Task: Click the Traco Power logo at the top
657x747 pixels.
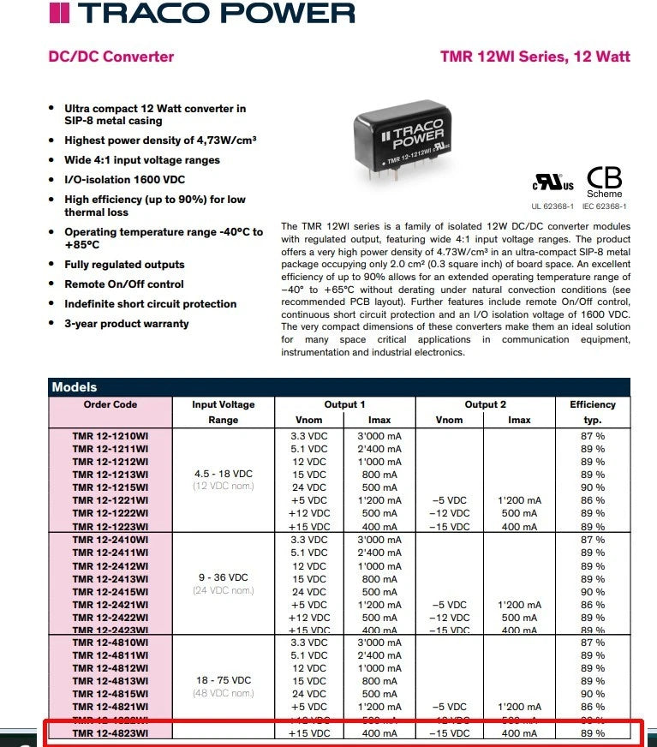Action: pos(202,13)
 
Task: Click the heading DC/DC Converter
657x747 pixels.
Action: pos(111,57)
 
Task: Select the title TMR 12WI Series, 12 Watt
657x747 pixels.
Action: pos(535,57)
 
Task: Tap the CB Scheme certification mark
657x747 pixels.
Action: pos(604,182)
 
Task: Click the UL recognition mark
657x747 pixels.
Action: pos(553,183)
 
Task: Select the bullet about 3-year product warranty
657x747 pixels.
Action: pos(126,324)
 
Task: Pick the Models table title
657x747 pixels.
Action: pos(75,387)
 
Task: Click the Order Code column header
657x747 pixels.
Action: pos(110,404)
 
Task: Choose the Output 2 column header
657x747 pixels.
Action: pos(485,404)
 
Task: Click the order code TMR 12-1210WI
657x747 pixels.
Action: pos(110,436)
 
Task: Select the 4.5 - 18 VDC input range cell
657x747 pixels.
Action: pos(223,474)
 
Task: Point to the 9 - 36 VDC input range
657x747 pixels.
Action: pos(223,577)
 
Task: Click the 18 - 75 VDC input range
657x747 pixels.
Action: pos(223,680)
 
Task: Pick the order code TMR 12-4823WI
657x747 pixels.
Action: pos(110,733)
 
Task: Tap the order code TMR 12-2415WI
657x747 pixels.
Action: pos(110,592)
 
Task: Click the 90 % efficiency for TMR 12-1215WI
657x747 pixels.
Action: pos(592,487)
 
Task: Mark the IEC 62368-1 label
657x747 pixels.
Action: pos(604,206)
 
